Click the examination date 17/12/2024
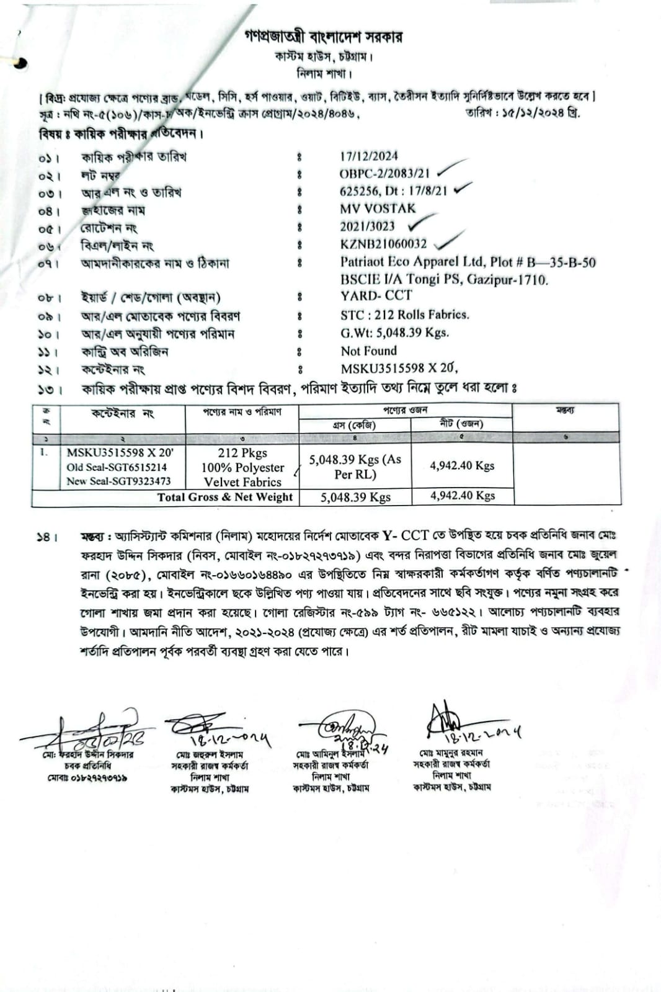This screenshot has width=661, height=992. click(x=368, y=156)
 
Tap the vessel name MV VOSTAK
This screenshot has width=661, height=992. click(x=377, y=208)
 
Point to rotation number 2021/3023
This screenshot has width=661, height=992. click(x=366, y=226)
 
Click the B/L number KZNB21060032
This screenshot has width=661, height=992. click(x=383, y=244)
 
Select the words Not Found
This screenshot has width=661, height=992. click(x=368, y=351)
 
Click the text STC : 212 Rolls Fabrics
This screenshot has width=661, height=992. click(x=404, y=315)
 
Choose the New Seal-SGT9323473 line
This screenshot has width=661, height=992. click(x=118, y=481)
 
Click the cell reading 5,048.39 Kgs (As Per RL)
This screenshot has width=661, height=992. click(x=355, y=467)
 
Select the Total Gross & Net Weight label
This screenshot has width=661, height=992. click(x=224, y=497)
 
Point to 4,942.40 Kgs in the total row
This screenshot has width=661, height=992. click(x=462, y=496)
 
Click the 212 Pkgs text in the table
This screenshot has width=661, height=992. click(x=242, y=453)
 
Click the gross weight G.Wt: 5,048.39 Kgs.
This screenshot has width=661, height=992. click(x=394, y=333)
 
